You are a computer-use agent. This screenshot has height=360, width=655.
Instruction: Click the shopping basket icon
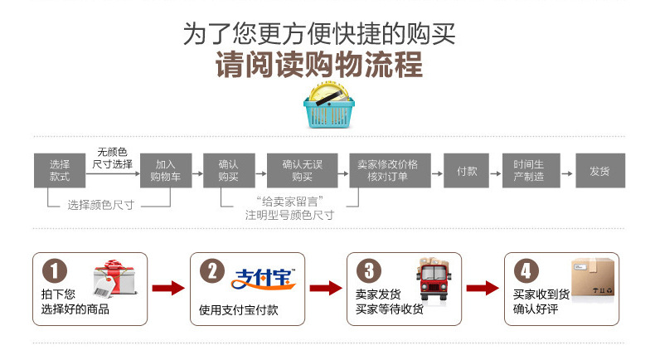click(327, 106)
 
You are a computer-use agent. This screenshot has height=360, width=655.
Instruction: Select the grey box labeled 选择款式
click(60, 171)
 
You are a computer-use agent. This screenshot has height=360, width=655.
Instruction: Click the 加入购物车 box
click(165, 171)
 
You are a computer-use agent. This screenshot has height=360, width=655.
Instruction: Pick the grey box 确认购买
click(228, 171)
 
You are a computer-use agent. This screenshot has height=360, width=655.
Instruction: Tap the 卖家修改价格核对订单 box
click(387, 171)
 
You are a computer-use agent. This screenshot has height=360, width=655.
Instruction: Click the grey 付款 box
click(467, 171)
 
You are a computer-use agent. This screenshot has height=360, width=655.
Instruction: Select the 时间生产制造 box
click(528, 171)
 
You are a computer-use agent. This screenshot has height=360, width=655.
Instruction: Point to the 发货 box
click(599, 171)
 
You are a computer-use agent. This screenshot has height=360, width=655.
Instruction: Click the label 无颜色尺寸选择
click(112, 158)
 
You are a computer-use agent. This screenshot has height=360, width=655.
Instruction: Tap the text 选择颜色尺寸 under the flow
click(101, 203)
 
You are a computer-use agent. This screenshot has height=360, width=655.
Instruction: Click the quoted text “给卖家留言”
click(289, 201)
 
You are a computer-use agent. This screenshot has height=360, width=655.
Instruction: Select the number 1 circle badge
click(55, 271)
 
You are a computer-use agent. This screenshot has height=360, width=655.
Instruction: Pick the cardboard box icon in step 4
click(590, 276)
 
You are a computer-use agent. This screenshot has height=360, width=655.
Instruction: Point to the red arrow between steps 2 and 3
click(326, 288)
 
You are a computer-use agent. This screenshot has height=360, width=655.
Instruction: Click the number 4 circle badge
click(526, 271)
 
